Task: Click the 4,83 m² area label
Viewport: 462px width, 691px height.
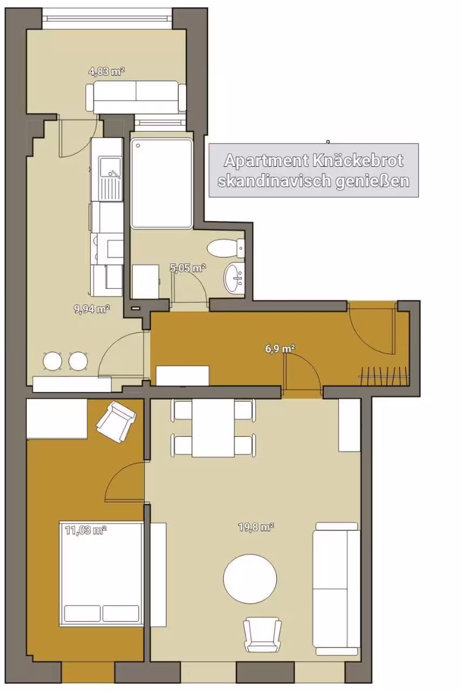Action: pyautogui.click(x=106, y=72)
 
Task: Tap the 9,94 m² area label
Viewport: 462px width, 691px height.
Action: pyautogui.click(x=92, y=309)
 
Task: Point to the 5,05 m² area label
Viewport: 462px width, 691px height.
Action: pyautogui.click(x=188, y=268)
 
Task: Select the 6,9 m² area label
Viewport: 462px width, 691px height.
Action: pyautogui.click(x=280, y=349)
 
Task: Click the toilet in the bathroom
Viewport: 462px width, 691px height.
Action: pyautogui.click(x=226, y=248)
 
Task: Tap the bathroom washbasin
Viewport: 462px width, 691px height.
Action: pyautogui.click(x=234, y=277)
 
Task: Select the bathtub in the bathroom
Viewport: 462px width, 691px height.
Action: pyautogui.click(x=161, y=183)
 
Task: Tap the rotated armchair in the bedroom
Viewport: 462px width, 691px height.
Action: pyautogui.click(x=116, y=422)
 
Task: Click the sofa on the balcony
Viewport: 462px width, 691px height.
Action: pyautogui.click(x=136, y=97)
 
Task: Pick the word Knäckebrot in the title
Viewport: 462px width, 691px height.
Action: pyautogui.click(x=357, y=161)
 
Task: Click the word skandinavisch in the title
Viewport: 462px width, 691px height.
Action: pyautogui.click(x=273, y=181)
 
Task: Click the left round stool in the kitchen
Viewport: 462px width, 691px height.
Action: pyautogui.click(x=53, y=361)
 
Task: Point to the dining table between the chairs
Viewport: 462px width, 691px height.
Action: pyautogui.click(x=213, y=428)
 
